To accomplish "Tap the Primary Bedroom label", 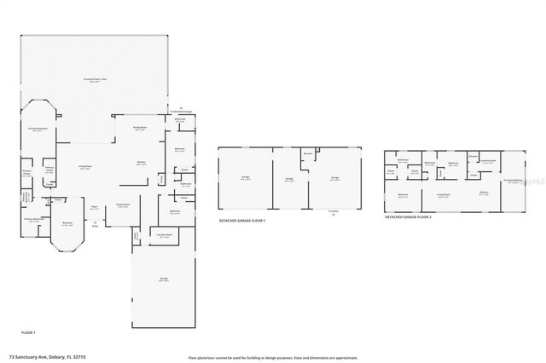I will [36, 130].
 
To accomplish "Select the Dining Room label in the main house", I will [138, 129].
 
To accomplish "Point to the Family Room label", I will [122, 205].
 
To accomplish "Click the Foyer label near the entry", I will [94, 206].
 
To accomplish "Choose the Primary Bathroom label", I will [34, 219].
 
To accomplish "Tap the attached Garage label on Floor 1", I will [163, 280].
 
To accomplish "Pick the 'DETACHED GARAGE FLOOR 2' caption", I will [408, 217].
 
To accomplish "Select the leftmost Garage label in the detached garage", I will [245, 178].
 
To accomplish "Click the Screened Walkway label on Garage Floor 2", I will [512, 181].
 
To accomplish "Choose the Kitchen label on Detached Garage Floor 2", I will [483, 193].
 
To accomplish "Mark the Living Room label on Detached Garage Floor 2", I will [444, 195].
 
